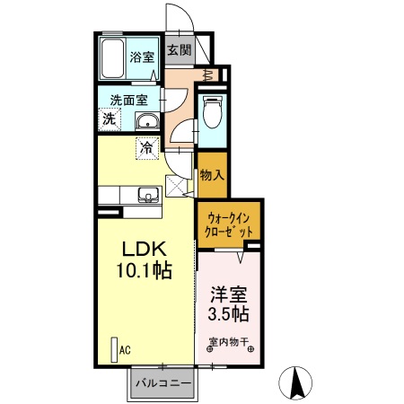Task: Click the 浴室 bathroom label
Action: coord(141,56)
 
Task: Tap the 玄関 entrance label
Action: coord(177,50)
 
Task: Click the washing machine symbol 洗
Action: coord(109,119)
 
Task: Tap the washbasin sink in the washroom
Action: coord(146,122)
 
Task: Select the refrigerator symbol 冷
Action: coord(145,146)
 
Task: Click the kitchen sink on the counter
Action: coord(147,195)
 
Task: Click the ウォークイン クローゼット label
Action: coord(229,223)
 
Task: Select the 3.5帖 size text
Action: coord(230,314)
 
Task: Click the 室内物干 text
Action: coord(230,341)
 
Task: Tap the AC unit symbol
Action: coord(113,348)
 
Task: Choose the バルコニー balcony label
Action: coord(162,383)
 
